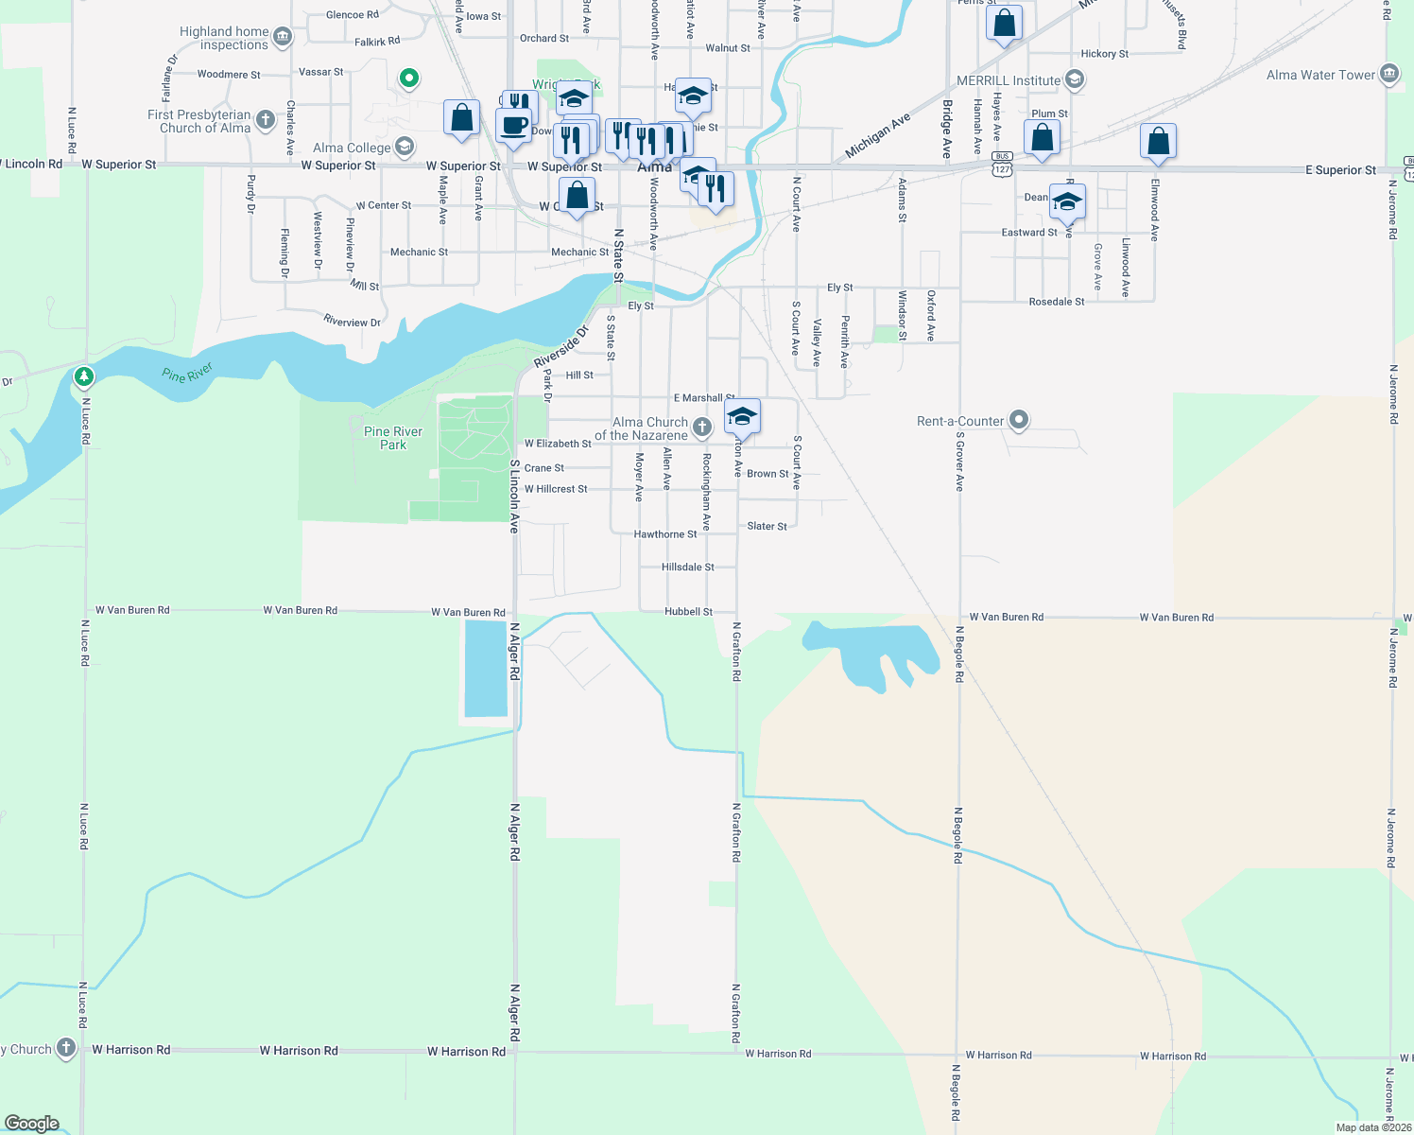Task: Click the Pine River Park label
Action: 393,438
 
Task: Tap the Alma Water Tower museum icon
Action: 1388,75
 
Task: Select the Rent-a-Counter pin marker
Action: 1018,420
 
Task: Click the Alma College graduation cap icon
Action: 405,147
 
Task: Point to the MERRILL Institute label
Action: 1008,80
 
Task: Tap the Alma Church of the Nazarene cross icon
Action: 701,428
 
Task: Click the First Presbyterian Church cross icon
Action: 266,120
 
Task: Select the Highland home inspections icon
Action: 283,38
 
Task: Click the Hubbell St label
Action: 688,612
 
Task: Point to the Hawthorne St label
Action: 665,534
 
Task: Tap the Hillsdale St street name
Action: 687,567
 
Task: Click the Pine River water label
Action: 187,374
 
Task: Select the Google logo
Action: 32,1124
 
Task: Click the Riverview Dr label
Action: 352,322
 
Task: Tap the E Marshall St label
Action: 703,398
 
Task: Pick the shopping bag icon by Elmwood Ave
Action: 1158,142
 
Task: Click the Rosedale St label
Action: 1056,302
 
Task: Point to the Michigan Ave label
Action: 877,135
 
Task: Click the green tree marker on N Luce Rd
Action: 84,377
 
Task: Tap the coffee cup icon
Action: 513,126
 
